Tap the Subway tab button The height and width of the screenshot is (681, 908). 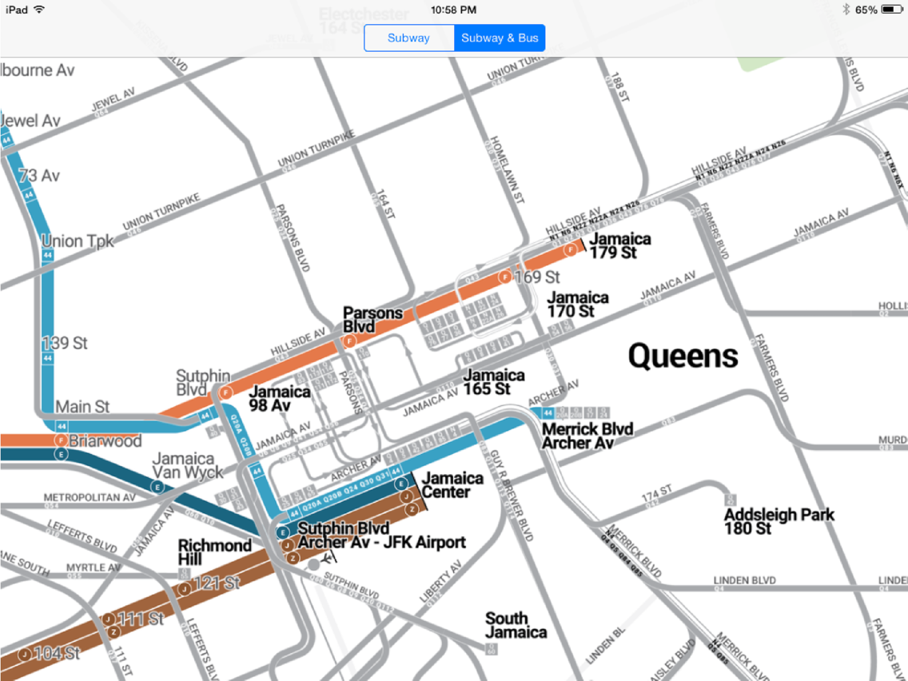pyautogui.click(x=408, y=38)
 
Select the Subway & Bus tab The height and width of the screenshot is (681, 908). pyautogui.click(x=500, y=38)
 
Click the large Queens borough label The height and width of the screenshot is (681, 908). pyautogui.click(x=683, y=356)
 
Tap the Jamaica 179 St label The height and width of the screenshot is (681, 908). pyautogui.click(x=619, y=245)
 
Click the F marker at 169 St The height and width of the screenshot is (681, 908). pyautogui.click(x=505, y=277)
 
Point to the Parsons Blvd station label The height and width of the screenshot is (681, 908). pyautogui.click(x=372, y=319)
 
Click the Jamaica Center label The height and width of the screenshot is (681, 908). pyautogui.click(x=452, y=484)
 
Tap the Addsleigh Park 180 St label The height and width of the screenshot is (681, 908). pyautogui.click(x=779, y=522)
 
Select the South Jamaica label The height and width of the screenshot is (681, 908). pyautogui.click(x=516, y=625)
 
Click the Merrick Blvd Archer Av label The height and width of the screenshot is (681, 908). pyautogui.click(x=587, y=436)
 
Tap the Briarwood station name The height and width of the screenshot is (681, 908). pyautogui.click(x=105, y=440)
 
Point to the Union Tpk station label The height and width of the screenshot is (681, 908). pyautogui.click(x=78, y=241)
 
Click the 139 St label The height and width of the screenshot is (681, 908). pyautogui.click(x=65, y=343)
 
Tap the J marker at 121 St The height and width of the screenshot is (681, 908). pyautogui.click(x=184, y=589)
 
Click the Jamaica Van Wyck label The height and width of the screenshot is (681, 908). pyautogui.click(x=188, y=465)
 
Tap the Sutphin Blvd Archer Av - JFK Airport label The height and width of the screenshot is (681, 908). pyautogui.click(x=380, y=536)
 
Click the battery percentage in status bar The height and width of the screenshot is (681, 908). pyautogui.click(x=866, y=10)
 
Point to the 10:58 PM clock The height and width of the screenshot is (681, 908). pyautogui.click(x=453, y=10)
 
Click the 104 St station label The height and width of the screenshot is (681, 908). pyautogui.click(x=58, y=653)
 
